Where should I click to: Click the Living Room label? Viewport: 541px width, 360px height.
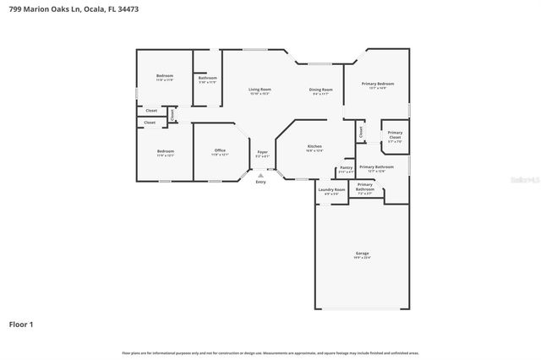click(260, 90)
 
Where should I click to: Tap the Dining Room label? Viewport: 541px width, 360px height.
click(320, 90)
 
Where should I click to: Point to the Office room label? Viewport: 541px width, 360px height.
click(220, 150)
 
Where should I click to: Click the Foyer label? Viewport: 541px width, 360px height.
click(263, 152)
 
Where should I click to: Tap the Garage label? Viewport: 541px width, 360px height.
click(362, 254)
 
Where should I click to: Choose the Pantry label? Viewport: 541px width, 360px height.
click(346, 167)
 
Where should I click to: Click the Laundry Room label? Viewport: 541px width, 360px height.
click(331, 189)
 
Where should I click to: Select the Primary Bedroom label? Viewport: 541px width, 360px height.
click(378, 84)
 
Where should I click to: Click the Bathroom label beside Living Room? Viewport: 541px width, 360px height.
click(207, 78)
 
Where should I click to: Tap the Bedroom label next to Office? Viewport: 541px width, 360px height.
click(165, 151)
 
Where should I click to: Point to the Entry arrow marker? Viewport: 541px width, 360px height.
click(260, 175)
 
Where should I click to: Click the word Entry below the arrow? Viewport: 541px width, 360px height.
click(260, 182)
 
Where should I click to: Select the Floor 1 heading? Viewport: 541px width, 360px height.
click(22, 324)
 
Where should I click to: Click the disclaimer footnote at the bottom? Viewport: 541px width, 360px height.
click(270, 352)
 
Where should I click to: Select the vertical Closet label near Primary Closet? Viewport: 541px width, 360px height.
click(361, 132)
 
